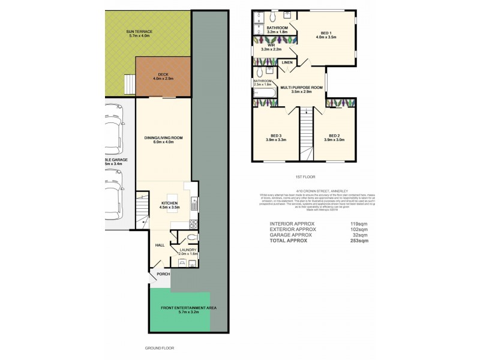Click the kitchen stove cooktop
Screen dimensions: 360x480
[194, 225]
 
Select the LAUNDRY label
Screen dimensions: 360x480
[188, 250]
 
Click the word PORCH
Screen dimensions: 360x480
[163, 274]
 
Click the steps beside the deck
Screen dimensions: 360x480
[128, 85]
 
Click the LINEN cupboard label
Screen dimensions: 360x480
[287, 62]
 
